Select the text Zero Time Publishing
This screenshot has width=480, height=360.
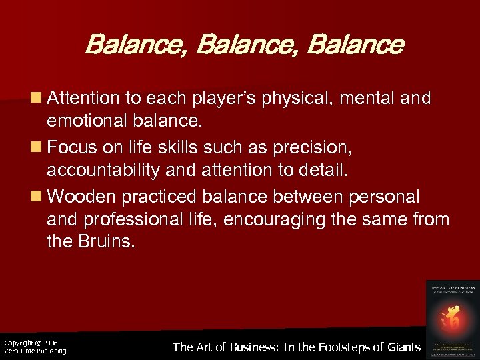click(x=35, y=351)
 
